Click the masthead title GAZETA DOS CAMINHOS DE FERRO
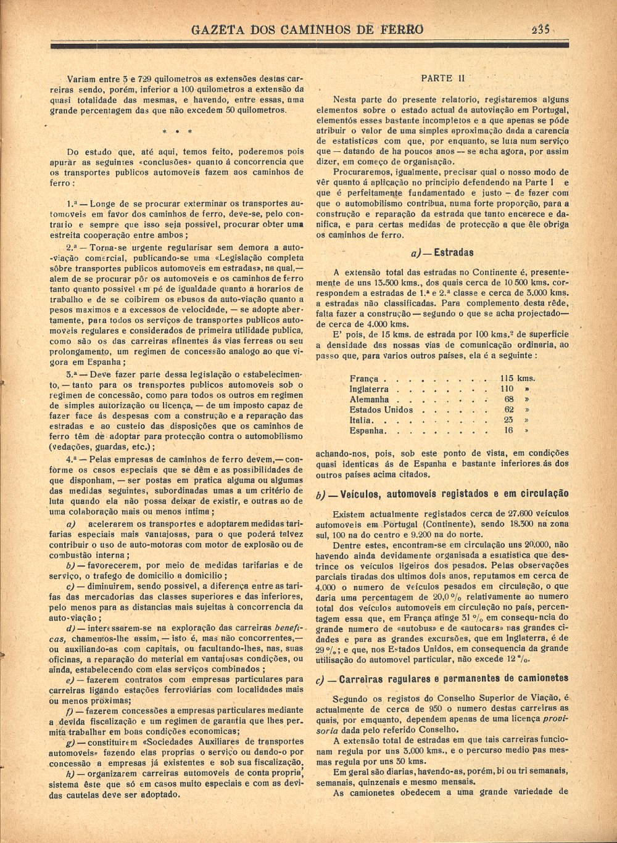pos(307,30)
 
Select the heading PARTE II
pos(442,78)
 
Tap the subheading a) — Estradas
pos(442,252)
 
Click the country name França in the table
pos(364,379)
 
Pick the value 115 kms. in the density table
pos(518,379)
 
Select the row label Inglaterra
pos(369,389)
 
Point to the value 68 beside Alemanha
pos(509,400)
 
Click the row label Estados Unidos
pos(381,409)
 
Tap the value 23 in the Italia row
pos(509,420)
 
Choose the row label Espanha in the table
pos(367,430)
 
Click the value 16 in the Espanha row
pos(508,430)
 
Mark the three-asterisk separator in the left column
pos(177,131)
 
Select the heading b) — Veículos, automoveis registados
pos(442,494)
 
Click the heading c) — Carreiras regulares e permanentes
pos(442,679)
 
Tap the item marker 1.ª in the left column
pos(73,203)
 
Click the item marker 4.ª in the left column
pos(73,459)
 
